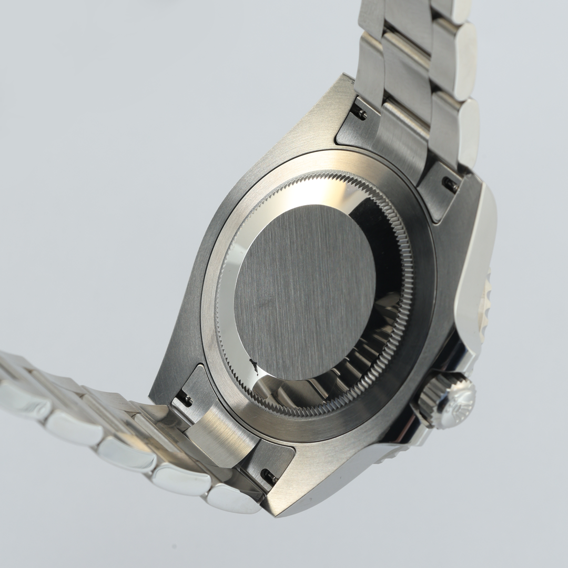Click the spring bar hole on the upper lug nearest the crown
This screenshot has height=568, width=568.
450,184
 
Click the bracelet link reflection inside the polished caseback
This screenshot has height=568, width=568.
363,363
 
